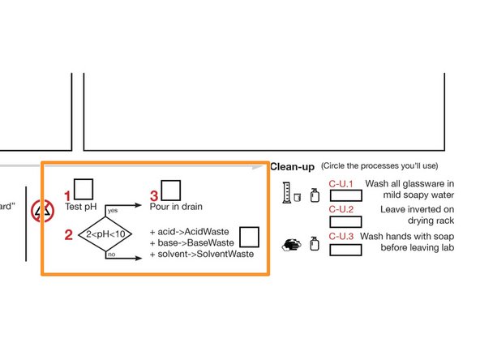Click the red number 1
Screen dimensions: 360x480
pos(68,196)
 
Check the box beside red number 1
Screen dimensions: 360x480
pos(84,189)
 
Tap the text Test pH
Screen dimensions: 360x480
pos(81,207)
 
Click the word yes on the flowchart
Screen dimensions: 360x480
pos(113,210)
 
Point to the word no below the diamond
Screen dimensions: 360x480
pos(111,254)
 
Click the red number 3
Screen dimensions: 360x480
pos(154,196)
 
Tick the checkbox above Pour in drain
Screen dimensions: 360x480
pos(170,190)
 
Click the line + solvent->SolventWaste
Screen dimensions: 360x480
pos(201,254)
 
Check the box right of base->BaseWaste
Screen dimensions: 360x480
pos(249,236)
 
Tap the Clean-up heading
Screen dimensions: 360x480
pos(292,166)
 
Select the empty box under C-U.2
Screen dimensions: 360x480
pos(345,221)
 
